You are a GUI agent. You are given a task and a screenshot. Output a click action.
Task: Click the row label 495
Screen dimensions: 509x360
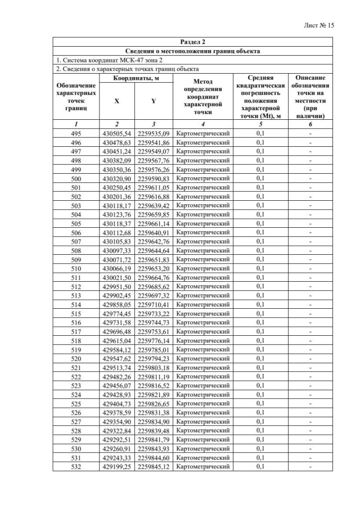click(x=76, y=134)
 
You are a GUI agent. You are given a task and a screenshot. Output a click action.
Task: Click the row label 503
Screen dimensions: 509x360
click(x=76, y=206)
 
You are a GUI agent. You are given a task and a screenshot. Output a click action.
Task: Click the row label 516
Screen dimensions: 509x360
click(x=76, y=323)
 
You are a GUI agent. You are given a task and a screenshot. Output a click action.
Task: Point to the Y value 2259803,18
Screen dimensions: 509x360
click(x=154, y=368)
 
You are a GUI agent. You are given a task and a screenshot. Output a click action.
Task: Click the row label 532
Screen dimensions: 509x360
click(x=76, y=467)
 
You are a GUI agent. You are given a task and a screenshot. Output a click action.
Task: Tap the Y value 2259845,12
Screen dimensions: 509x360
click(x=154, y=467)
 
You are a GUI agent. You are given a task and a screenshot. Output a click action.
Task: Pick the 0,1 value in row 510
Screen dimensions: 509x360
click(x=260, y=269)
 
